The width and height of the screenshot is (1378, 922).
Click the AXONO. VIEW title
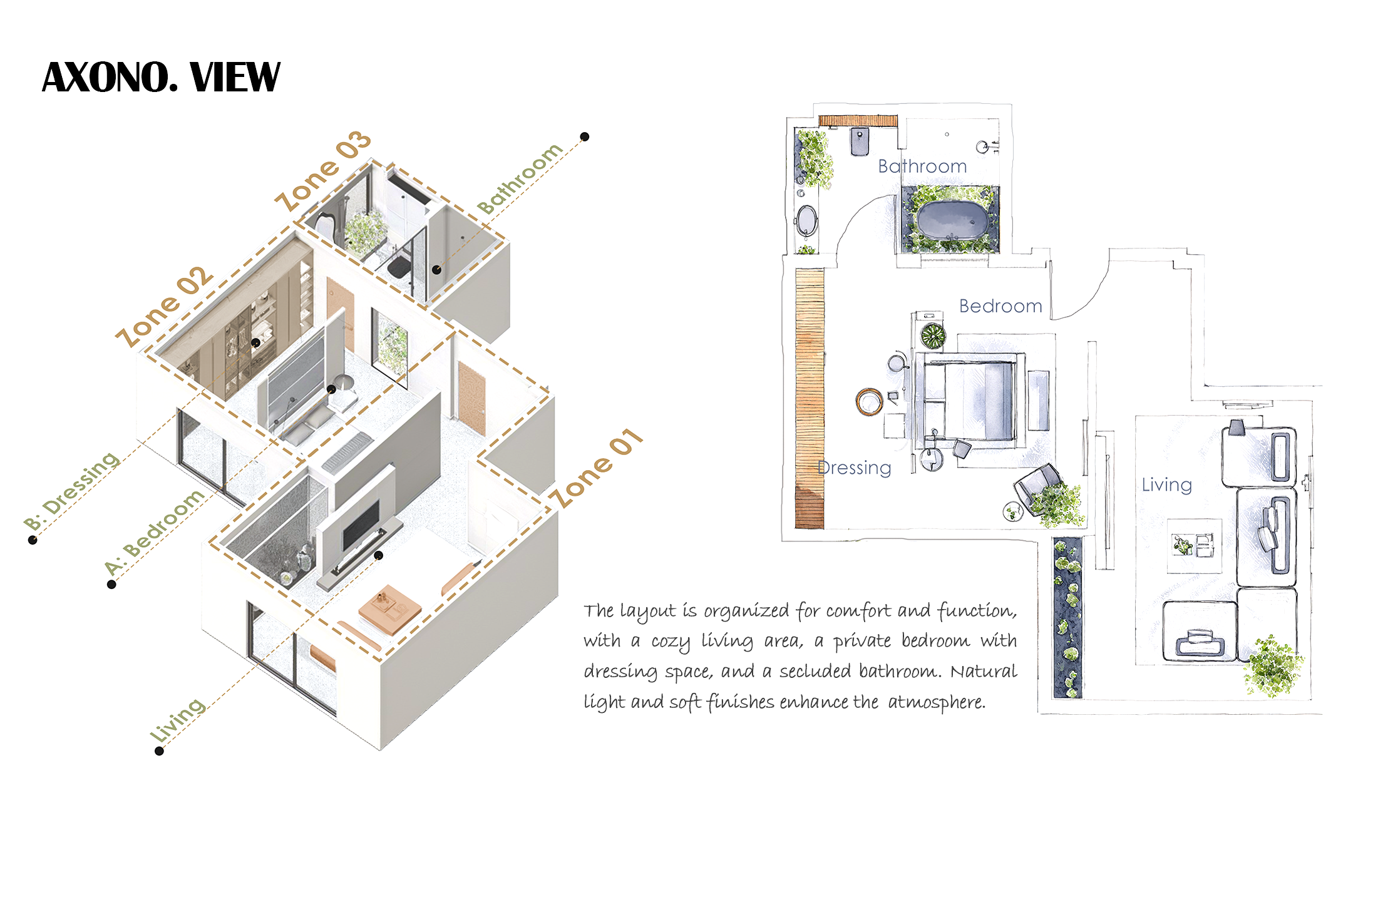pyautogui.click(x=161, y=77)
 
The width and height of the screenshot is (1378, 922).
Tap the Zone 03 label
pyautogui.click(x=323, y=171)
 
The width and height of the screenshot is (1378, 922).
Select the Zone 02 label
pyautogui.click(x=165, y=307)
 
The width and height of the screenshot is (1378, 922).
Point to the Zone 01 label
pyautogui.click(x=595, y=468)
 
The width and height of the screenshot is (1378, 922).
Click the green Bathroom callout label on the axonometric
pyautogui.click(x=520, y=178)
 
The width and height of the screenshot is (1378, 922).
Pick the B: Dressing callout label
pyautogui.click(x=71, y=491)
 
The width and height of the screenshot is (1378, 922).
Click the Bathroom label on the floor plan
pyautogui.click(x=922, y=166)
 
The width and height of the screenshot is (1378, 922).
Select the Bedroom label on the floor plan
pyautogui.click(x=1000, y=306)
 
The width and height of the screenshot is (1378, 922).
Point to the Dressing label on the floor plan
pyautogui.click(x=855, y=468)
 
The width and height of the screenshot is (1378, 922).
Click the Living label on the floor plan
pyautogui.click(x=1166, y=484)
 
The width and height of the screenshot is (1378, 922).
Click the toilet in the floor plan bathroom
pyautogui.click(x=860, y=141)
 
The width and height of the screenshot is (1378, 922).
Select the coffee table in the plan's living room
pyautogui.click(x=1194, y=546)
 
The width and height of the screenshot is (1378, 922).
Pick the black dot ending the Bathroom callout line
pyautogui.click(x=585, y=136)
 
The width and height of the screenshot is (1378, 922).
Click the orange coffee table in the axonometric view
pyautogui.click(x=389, y=610)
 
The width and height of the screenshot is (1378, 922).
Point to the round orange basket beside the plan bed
pyautogui.click(x=870, y=401)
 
